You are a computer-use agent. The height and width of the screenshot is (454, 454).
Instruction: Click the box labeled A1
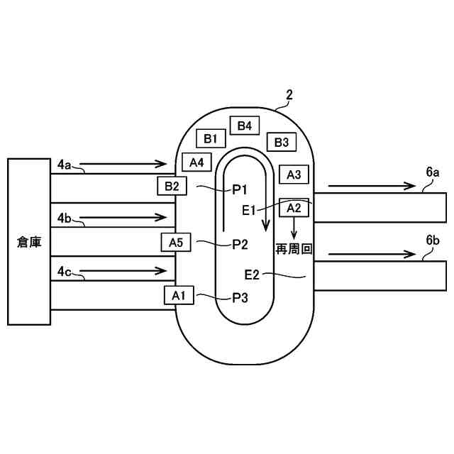click(x=179, y=295)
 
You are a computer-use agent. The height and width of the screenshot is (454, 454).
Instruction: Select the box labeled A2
click(x=294, y=207)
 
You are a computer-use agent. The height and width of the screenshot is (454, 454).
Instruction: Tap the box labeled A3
click(x=294, y=174)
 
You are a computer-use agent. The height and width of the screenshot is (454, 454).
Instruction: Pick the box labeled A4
click(x=196, y=162)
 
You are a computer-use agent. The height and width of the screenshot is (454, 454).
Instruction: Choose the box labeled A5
click(x=176, y=243)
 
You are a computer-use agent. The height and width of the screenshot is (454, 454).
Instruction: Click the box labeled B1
click(x=211, y=138)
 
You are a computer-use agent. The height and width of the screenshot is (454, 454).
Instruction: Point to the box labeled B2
click(x=172, y=187)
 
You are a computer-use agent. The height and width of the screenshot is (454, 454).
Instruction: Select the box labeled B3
click(x=282, y=142)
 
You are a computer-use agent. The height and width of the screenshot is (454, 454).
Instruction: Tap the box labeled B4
click(x=245, y=126)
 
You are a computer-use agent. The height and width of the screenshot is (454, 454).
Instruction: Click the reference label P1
click(x=239, y=189)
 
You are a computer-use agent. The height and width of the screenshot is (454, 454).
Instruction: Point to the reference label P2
click(x=240, y=244)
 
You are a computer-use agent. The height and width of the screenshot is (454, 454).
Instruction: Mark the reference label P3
click(x=240, y=298)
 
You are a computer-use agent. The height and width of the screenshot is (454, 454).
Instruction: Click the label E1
click(x=249, y=209)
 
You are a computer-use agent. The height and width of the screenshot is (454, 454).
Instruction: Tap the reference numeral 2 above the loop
click(x=289, y=94)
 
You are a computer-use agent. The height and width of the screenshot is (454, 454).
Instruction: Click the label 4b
click(x=65, y=217)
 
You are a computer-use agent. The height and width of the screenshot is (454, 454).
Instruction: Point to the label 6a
click(x=433, y=172)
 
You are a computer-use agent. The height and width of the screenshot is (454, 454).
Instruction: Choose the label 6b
click(x=433, y=241)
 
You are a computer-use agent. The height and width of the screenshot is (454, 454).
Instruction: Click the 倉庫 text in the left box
click(x=29, y=243)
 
